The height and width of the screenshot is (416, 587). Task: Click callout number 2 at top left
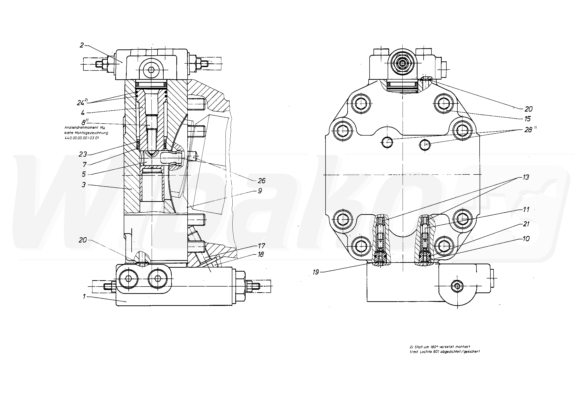pyautogui.click(x=82, y=45)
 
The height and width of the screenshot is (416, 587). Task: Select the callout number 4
pyautogui.click(x=83, y=113)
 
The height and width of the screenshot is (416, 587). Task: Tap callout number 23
pyautogui.click(x=83, y=154)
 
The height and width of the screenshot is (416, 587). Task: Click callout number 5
pyautogui.click(x=84, y=174)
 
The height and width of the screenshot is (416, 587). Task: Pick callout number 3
pyautogui.click(x=83, y=185)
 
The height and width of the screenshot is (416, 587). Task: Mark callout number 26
pyautogui.click(x=261, y=181)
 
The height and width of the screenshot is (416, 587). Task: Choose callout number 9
pyautogui.click(x=260, y=191)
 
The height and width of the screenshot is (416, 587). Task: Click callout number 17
pyautogui.click(x=261, y=246)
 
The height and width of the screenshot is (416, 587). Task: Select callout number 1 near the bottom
pyautogui.click(x=84, y=296)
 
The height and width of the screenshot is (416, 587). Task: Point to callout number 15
pyautogui.click(x=527, y=119)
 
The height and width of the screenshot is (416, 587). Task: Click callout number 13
pyautogui.click(x=526, y=177)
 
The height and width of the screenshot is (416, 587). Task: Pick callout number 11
pyautogui.click(x=526, y=209)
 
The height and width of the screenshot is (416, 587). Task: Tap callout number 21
pyautogui.click(x=526, y=224)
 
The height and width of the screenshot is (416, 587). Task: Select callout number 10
pyautogui.click(x=526, y=239)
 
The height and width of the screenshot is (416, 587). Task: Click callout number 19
pyautogui.click(x=316, y=272)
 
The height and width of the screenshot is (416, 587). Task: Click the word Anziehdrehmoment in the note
pyautogui.click(x=77, y=127)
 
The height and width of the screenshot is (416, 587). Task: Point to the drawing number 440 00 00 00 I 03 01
pyautogui.click(x=82, y=138)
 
